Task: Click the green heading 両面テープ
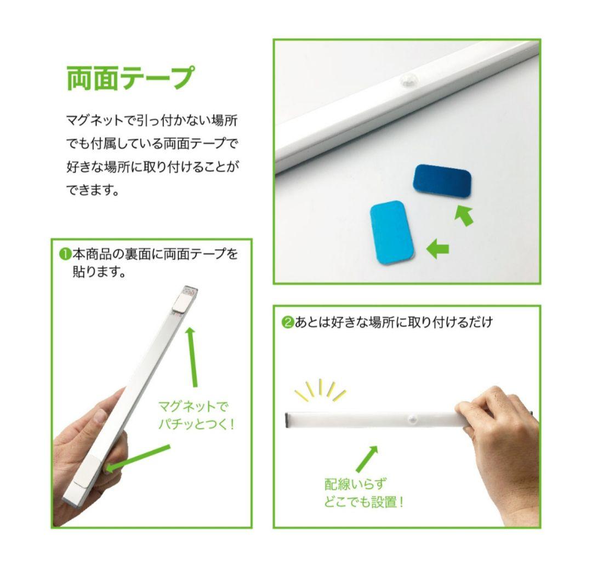click(x=130, y=78)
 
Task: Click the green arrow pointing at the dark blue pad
click(x=463, y=215)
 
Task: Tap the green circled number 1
click(x=65, y=254)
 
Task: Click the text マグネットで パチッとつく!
click(x=196, y=415)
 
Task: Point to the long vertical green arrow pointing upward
click(x=191, y=356)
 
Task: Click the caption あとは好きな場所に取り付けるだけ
click(x=394, y=322)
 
